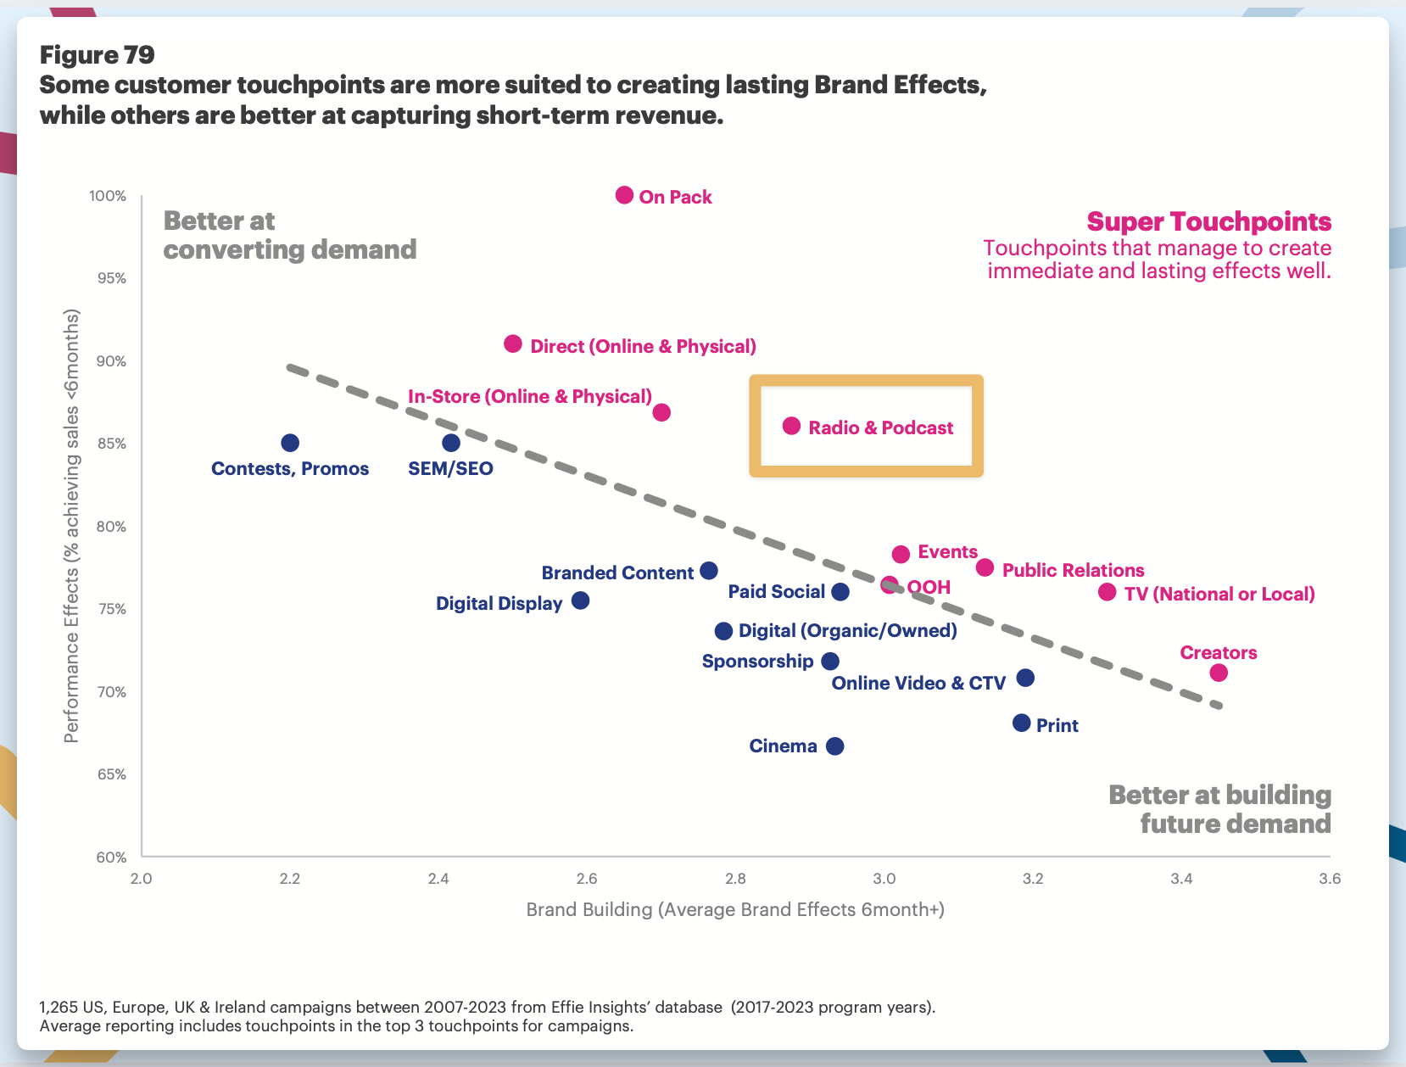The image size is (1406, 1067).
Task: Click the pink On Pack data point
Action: click(x=624, y=195)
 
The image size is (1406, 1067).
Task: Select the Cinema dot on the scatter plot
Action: click(x=835, y=746)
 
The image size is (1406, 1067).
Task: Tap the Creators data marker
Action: click(x=1219, y=673)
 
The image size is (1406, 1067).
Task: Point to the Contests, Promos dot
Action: click(x=290, y=443)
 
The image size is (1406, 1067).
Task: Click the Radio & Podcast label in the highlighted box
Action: click(x=880, y=427)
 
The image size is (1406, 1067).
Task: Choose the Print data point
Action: click(x=1022, y=723)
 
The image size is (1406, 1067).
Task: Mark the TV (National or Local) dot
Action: click(x=1108, y=592)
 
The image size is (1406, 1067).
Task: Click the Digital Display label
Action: click(x=499, y=604)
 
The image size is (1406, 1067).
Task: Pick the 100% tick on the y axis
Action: click(x=108, y=197)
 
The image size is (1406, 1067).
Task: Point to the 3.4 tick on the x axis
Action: click(x=1181, y=879)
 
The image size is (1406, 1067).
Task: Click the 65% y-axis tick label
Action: click(x=109, y=774)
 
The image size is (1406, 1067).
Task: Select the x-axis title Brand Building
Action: click(x=734, y=910)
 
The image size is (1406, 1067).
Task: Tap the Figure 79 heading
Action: click(x=98, y=55)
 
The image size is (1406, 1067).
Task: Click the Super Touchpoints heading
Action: click(x=1208, y=222)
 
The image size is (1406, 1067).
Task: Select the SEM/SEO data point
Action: click(x=451, y=443)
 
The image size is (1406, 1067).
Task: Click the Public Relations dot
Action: click(x=985, y=567)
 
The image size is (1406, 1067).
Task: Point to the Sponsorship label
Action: click(x=757, y=662)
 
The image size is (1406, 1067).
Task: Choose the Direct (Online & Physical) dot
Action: click(x=513, y=344)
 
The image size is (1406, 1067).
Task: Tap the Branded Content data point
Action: click(x=709, y=571)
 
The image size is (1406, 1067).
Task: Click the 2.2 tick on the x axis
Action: click(x=290, y=879)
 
